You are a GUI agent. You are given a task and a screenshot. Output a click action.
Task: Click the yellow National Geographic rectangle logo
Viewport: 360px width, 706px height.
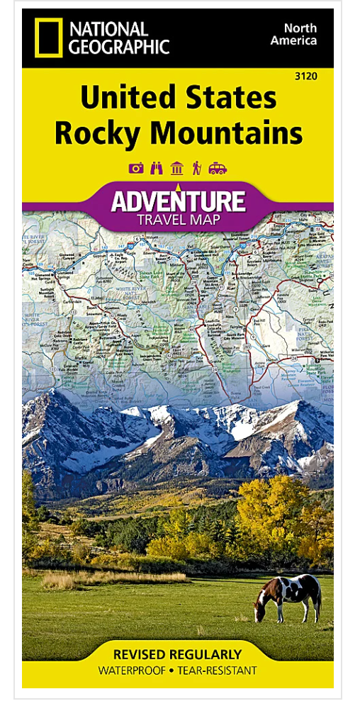point(47,38)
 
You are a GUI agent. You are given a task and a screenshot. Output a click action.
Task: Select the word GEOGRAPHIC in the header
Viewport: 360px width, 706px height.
point(119,47)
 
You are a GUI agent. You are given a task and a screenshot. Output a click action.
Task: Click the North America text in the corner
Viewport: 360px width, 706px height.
point(300,34)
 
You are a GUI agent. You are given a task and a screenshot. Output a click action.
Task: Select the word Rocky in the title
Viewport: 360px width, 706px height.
point(95,133)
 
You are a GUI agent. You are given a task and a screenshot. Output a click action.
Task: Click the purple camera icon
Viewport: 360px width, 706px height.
point(136,168)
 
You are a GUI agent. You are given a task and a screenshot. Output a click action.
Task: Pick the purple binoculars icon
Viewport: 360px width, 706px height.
point(157,168)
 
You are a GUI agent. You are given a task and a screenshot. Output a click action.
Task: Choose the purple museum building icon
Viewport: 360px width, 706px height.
point(176,168)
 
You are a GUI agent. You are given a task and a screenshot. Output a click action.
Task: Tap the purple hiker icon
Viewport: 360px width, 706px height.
point(196,168)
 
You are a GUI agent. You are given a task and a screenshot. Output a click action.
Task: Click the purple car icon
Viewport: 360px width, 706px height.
point(218,168)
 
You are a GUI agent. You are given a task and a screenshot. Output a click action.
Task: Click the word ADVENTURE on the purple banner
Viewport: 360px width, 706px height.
point(177,201)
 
